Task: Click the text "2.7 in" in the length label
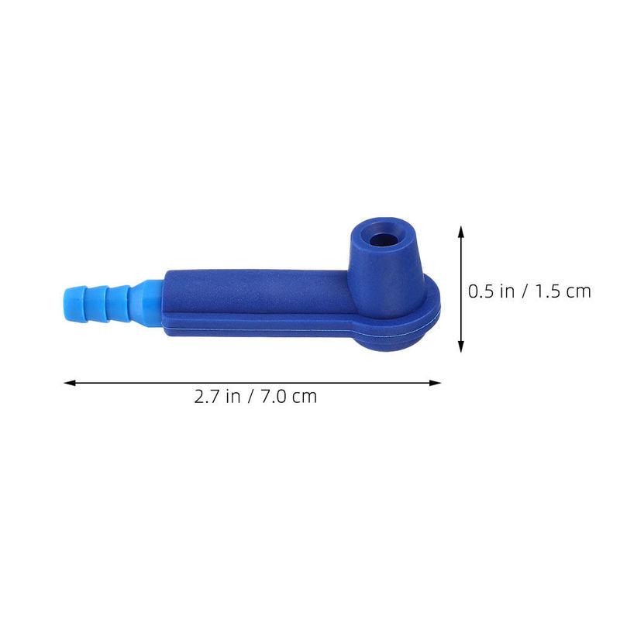pos(216,397)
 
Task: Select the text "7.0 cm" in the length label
pos(288,397)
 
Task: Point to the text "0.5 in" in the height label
pos(491,291)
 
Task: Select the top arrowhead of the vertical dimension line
pos(461,231)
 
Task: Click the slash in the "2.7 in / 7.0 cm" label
pos(251,397)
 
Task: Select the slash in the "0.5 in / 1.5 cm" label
pos(526,291)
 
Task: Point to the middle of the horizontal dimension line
pos(252,382)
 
